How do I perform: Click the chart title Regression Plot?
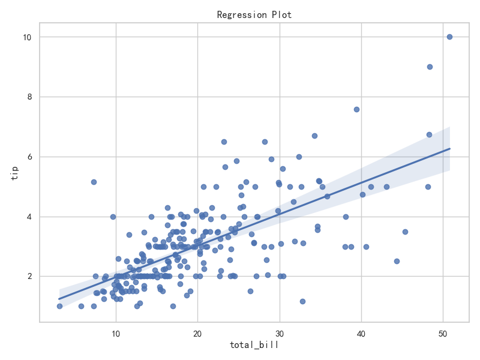coord(254,14)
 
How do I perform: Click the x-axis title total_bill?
coord(254,345)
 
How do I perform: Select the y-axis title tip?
coord(14,173)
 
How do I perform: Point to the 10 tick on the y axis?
coord(27,37)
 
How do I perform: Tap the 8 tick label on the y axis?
coord(29,97)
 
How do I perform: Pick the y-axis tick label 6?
coord(29,157)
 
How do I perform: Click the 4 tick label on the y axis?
coord(29,217)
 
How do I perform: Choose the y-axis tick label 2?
coord(29,277)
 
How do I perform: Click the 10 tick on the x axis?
coord(116,334)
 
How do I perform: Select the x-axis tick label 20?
coord(197,334)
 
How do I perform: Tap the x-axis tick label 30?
coord(280,334)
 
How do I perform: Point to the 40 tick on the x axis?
coord(361,334)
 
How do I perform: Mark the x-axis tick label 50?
coord(443,334)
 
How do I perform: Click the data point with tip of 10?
coord(449,37)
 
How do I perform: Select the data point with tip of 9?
coord(430,67)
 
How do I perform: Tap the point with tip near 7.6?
coord(356,110)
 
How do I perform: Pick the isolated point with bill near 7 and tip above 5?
coord(94,182)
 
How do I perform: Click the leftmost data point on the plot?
coord(59,307)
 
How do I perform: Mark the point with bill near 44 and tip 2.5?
coord(397,262)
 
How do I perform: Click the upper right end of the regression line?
coord(449,149)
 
